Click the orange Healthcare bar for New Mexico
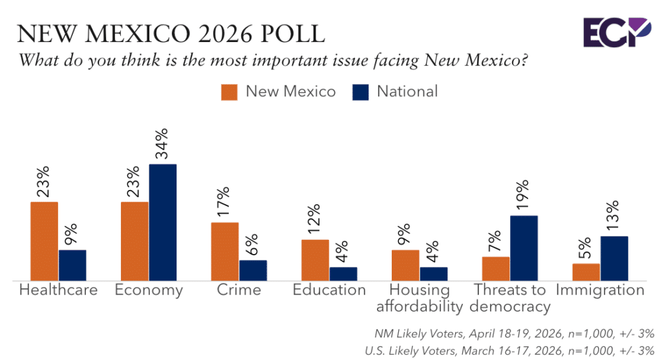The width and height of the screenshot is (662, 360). pyautogui.click(x=45, y=241)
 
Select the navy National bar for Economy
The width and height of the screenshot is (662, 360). pyautogui.click(x=162, y=222)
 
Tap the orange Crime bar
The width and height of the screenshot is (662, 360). pyautogui.click(x=225, y=251)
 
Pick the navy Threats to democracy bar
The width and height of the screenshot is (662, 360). pyautogui.click(x=524, y=248)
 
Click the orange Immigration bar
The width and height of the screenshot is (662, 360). pyautogui.click(x=586, y=272)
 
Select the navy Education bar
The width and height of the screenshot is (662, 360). pyautogui.click(x=343, y=274)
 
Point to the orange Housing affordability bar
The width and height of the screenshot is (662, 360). pyautogui.click(x=405, y=265)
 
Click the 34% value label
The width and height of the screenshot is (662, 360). pyautogui.click(x=162, y=144)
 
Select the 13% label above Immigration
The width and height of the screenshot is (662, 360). pyautogui.click(x=614, y=216)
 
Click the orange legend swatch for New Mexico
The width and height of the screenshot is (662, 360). pyautogui.click(x=230, y=92)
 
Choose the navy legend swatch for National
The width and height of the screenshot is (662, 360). pyautogui.click(x=361, y=92)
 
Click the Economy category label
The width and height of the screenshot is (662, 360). pyautogui.click(x=149, y=290)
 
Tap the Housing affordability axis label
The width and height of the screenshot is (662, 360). pyautogui.click(x=420, y=298)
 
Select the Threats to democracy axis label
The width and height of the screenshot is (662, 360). pyautogui.click(x=511, y=298)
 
